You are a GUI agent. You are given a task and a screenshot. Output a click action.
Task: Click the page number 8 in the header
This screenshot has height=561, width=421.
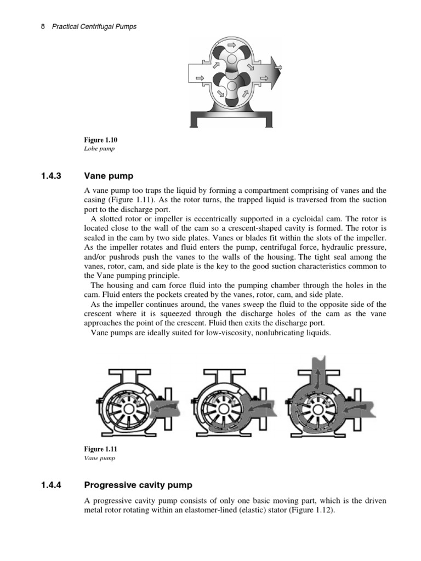pyautogui.click(x=43, y=26)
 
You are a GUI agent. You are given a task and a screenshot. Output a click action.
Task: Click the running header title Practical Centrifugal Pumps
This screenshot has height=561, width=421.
pyautogui.click(x=94, y=26)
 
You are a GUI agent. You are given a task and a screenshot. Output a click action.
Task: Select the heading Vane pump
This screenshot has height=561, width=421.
pyautogui.click(x=109, y=176)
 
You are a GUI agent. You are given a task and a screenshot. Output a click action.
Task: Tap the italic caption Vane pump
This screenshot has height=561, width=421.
pyautogui.click(x=100, y=458)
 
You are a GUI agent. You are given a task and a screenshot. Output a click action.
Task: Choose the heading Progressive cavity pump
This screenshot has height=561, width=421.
pyautogui.click(x=138, y=485)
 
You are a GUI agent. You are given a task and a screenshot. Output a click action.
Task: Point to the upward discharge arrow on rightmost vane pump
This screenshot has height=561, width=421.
pyautogui.click(x=316, y=371)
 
